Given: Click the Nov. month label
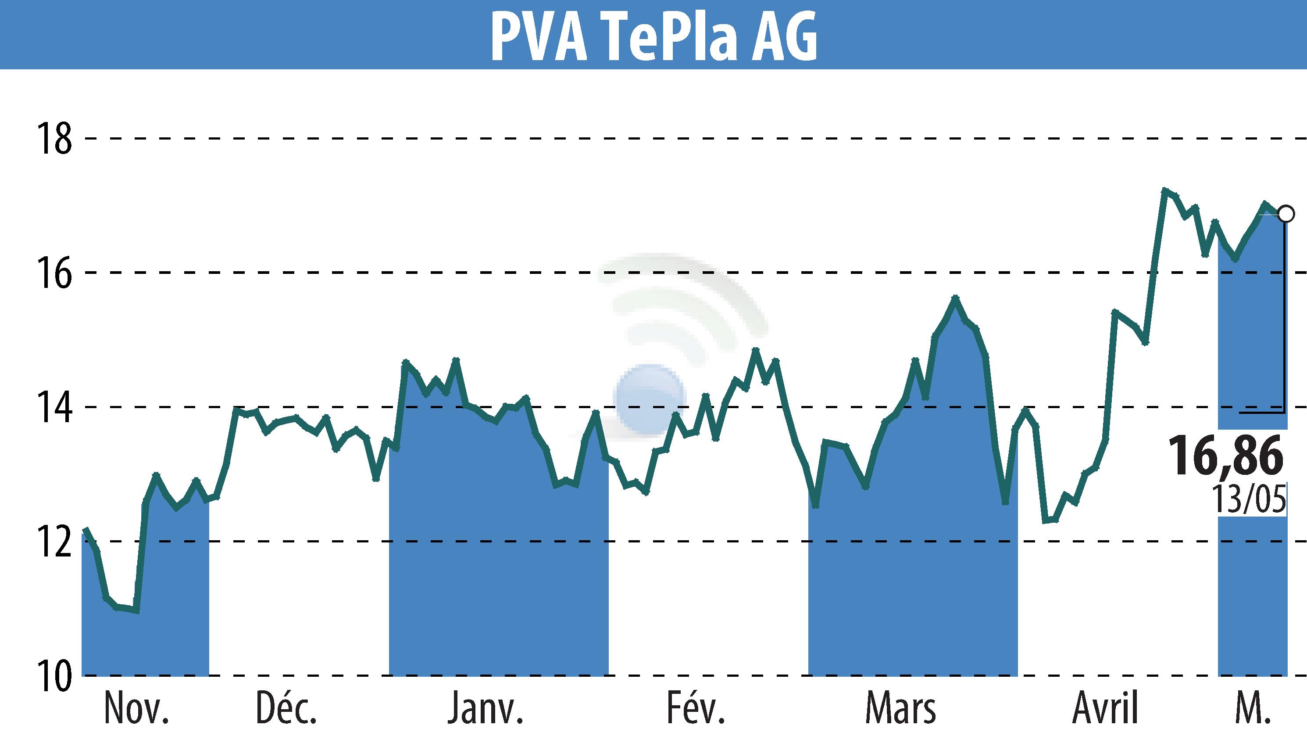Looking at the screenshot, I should click(x=136, y=708).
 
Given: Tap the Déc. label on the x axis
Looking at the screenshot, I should click(x=286, y=708).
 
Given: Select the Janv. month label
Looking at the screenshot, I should click(x=486, y=708).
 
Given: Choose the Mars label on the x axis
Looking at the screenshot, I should click(x=900, y=708).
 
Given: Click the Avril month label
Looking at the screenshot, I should click(x=1106, y=708).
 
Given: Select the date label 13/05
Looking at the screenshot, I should click(x=1248, y=499).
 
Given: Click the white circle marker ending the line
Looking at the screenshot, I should click(x=1286, y=214).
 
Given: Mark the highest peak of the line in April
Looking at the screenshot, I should click(x=1164, y=190).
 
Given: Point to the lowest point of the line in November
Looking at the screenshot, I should click(x=136, y=610).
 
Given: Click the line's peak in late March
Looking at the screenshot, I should click(x=955, y=298).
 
